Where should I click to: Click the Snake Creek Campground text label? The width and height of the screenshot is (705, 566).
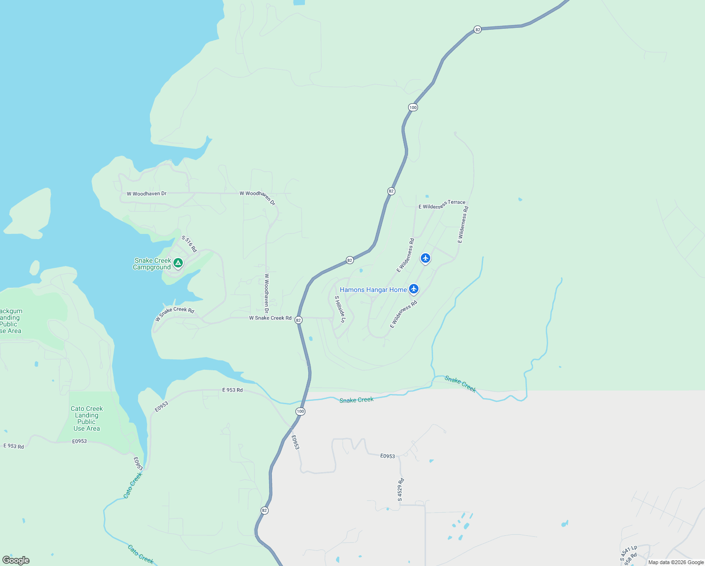coord(152,264)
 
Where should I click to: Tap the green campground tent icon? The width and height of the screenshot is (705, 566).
coord(178,263)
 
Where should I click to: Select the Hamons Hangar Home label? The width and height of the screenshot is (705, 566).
coord(373,290)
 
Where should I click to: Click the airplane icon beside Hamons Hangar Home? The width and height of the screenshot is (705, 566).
coord(414,289)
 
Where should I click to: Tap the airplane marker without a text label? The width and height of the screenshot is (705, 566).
coord(426,258)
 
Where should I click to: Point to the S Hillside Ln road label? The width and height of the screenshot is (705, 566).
coord(340,309)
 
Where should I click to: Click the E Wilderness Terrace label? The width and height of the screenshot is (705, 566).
coord(442,205)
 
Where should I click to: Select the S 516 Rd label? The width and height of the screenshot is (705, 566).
coord(189,243)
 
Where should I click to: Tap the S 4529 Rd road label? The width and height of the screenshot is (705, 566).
coord(400,490)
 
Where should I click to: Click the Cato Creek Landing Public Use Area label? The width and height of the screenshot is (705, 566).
coord(87,418)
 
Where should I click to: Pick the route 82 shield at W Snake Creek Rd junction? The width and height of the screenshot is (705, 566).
coord(298,320)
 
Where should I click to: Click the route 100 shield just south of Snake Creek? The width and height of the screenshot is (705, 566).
coord(300,411)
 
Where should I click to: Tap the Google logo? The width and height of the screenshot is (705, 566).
coord(16,560)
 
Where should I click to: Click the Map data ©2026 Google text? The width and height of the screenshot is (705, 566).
coord(676,562)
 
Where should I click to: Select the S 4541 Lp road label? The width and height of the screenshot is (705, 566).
coord(629,553)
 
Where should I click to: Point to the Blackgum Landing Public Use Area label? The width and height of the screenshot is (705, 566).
coord(10,321)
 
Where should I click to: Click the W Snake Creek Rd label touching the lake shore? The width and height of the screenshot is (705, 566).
coord(174,313)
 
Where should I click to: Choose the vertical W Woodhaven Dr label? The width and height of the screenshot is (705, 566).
coord(266,293)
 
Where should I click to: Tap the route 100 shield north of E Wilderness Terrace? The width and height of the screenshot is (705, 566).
coord(413,107)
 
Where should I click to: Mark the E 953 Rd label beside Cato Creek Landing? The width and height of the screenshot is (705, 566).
coord(14,446)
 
